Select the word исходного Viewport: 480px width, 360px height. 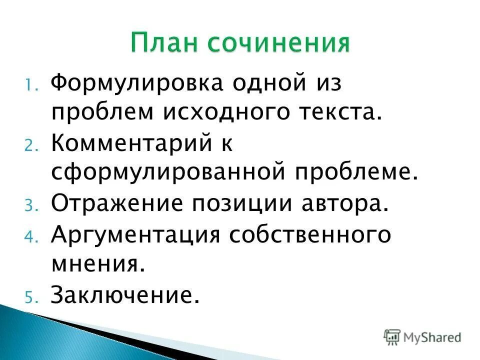(x=223, y=113)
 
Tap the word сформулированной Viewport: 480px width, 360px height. (x=167, y=173)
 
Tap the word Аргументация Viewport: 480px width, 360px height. (x=135, y=235)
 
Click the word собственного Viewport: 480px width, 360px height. (x=308, y=235)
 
